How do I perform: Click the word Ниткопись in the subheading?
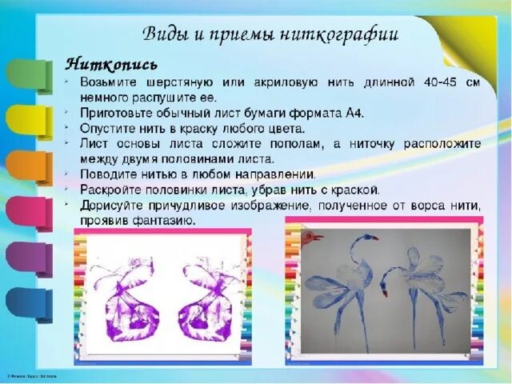[x=110, y=62]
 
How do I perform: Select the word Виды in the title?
[x=164, y=34]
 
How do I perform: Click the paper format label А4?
[x=355, y=114]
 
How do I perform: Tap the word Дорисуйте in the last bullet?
[x=110, y=206]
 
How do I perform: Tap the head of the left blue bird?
[x=367, y=238]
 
